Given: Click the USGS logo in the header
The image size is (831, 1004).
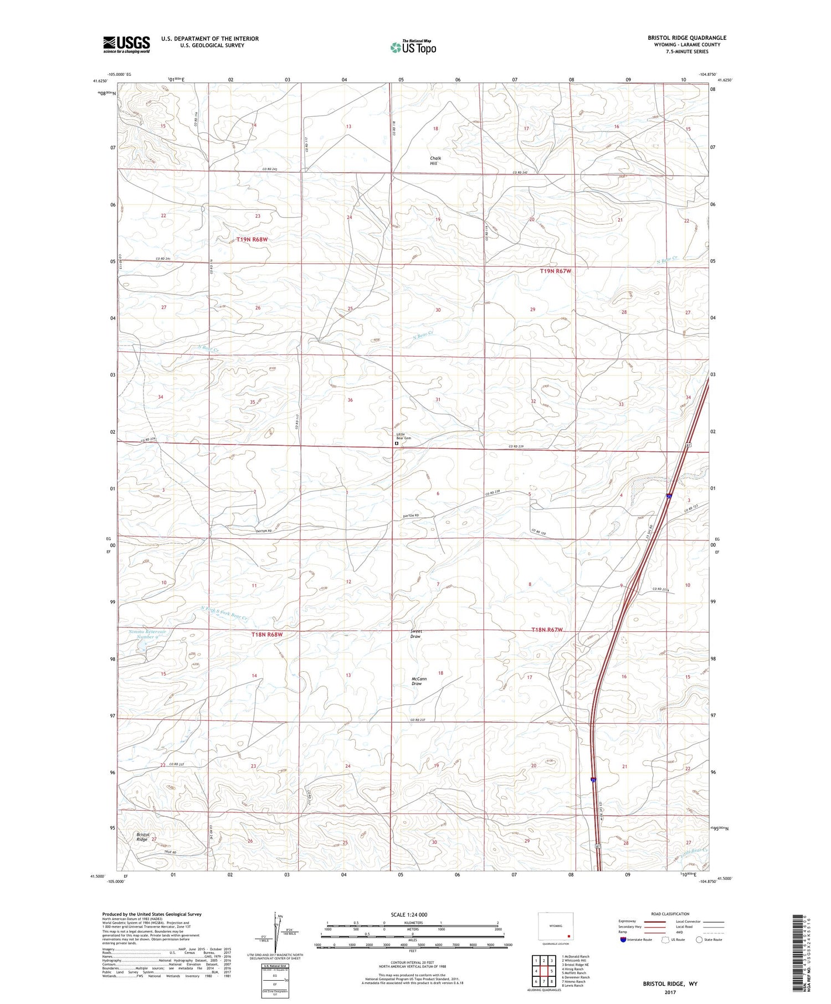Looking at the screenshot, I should point(126,44).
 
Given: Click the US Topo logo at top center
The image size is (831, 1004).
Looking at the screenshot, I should point(413,47).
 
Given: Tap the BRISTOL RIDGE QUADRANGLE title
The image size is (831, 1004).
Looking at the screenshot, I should point(687,38).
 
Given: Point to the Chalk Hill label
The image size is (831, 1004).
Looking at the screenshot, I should point(436,161).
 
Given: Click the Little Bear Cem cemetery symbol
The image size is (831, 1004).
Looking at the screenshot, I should point(396,444).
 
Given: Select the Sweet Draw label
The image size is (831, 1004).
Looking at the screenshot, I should point(416,634).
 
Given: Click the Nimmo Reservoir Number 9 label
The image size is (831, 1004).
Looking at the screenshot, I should point(143,634).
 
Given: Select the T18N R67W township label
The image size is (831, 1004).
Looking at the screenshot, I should point(547,630).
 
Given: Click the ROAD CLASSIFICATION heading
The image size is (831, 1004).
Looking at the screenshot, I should point(670,914).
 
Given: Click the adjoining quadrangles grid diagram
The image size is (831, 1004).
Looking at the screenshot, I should point(544,971).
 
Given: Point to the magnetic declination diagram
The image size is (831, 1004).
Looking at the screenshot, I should point(275,936).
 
